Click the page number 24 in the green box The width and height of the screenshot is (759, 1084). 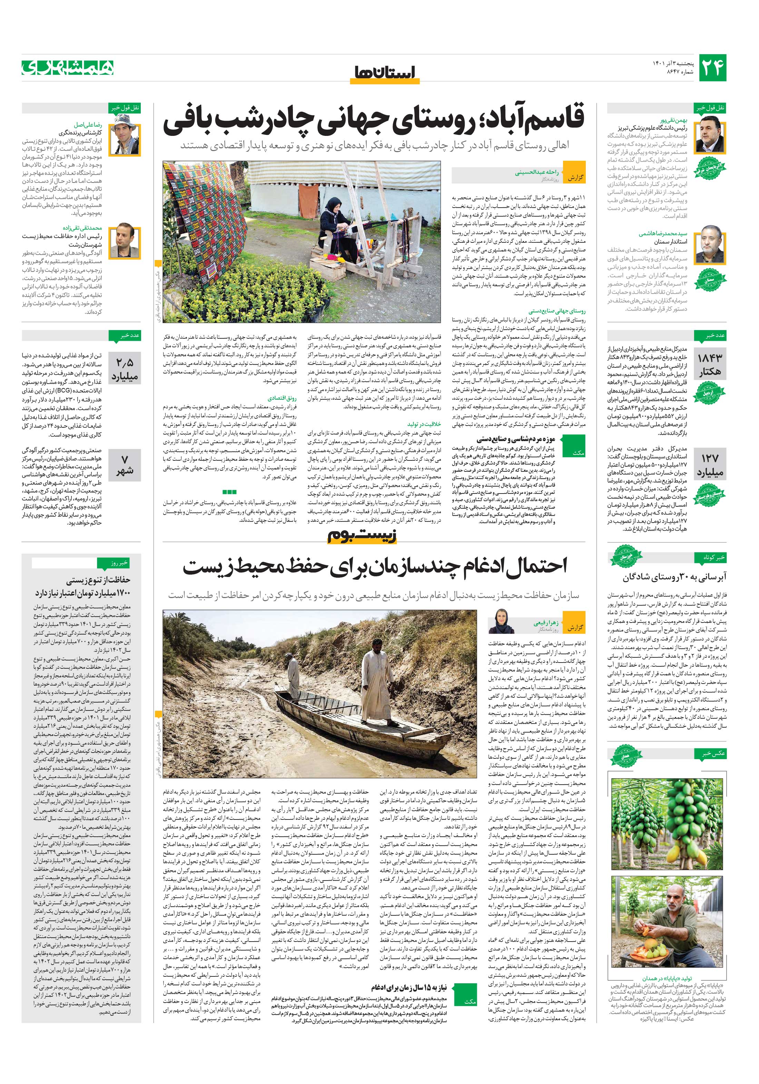coord(712,68)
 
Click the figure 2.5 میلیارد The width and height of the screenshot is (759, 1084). coord(125,370)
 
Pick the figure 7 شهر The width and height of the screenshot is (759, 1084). coord(125,465)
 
